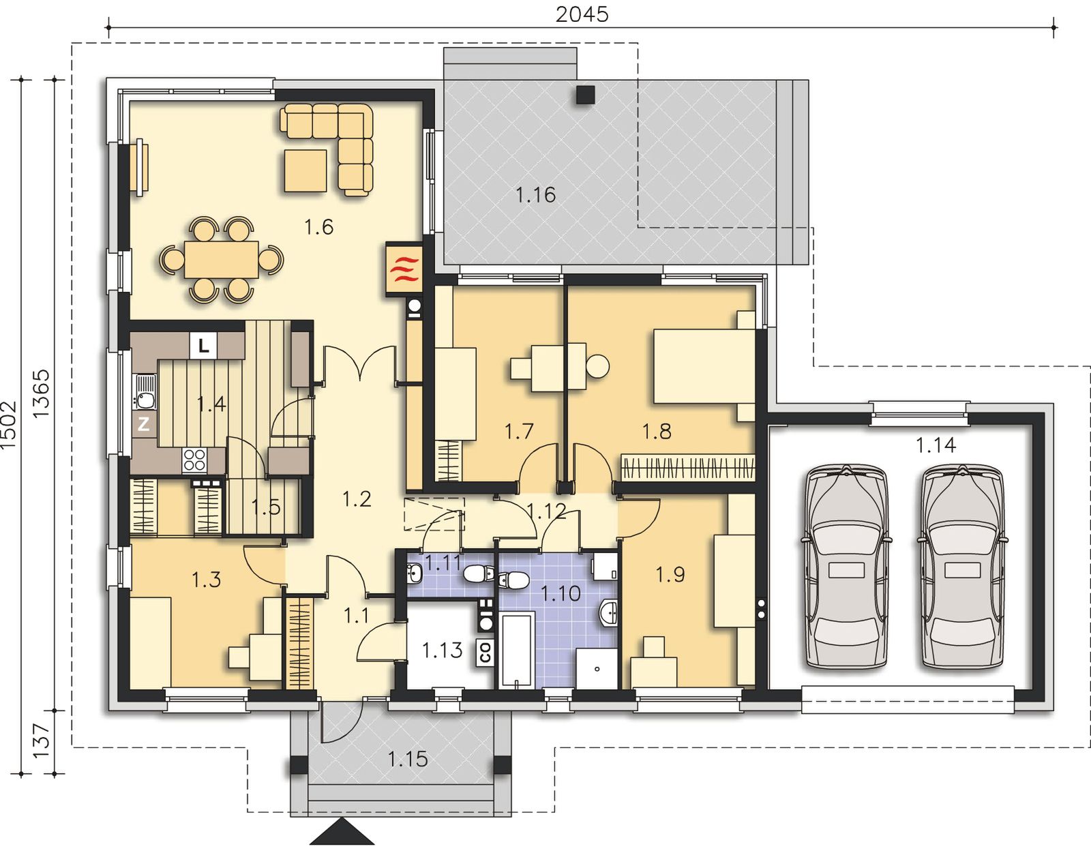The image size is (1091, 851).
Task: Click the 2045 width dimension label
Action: click(x=582, y=14)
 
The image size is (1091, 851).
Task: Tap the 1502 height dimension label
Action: click(x=9, y=424)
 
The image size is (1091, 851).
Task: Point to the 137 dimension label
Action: click(x=42, y=741)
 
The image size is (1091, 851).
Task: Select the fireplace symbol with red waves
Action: click(x=404, y=269)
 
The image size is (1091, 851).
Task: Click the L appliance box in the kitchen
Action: click(x=203, y=345)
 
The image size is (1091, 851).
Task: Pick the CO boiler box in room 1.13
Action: click(x=485, y=652)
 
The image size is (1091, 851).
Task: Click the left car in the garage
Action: click(x=847, y=567)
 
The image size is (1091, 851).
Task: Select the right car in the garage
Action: click(x=963, y=567)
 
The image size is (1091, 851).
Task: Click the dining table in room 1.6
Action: click(x=222, y=260)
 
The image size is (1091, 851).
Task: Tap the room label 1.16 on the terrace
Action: click(x=536, y=194)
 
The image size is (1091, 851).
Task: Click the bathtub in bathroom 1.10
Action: click(x=517, y=650)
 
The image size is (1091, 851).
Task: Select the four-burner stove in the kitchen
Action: click(x=195, y=460)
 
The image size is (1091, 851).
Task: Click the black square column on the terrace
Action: click(x=586, y=95)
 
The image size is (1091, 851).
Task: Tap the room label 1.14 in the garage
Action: click(x=936, y=445)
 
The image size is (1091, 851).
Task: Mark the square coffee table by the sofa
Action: click(x=305, y=171)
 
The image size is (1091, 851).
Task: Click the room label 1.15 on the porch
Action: click(x=408, y=759)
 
